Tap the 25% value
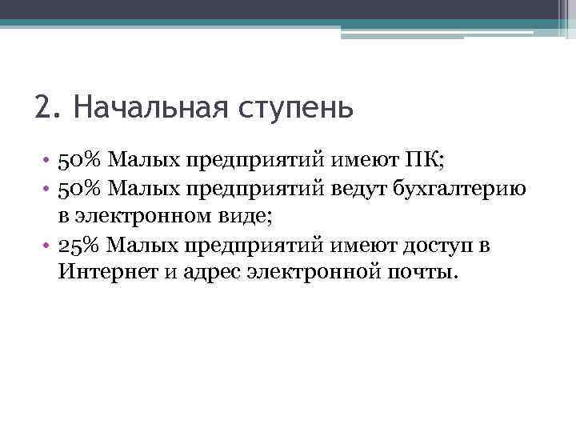78,244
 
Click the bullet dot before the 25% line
49,245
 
